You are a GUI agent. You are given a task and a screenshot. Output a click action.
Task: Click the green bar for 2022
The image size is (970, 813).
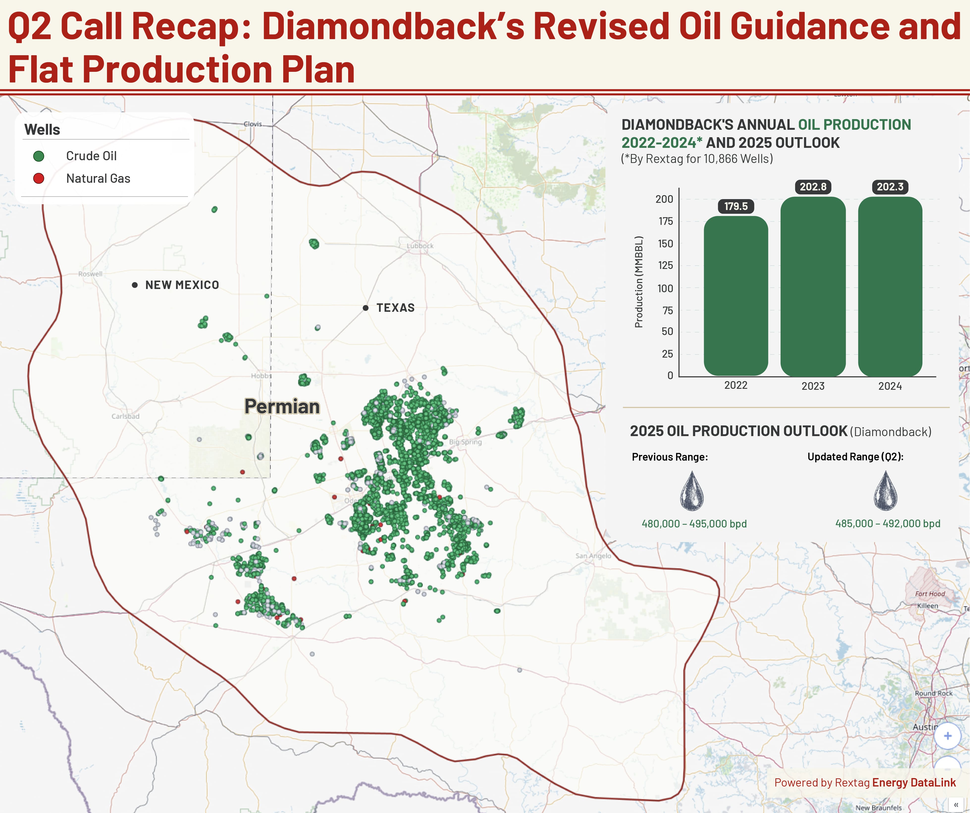coord(736,296)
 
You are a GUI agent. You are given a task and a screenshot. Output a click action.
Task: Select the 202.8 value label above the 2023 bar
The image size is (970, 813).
coord(813,187)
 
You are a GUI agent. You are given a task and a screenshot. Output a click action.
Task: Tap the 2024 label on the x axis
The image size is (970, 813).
coord(890,386)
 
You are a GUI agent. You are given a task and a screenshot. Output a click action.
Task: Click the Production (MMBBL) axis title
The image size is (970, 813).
coord(639,282)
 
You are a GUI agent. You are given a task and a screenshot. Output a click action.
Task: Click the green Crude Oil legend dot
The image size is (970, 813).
coord(39,156)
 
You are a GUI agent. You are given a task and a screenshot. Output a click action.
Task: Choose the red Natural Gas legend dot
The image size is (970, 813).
coord(39,178)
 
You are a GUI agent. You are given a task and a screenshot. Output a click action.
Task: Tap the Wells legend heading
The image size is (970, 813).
coord(42,130)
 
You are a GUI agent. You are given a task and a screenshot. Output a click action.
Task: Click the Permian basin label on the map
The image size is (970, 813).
coord(282,407)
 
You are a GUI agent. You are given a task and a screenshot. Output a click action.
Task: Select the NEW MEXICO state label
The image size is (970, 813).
coord(182,285)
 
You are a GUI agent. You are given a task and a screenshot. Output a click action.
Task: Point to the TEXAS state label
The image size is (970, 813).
coord(395,308)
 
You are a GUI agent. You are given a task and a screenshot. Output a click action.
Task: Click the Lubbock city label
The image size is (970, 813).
coord(420,246)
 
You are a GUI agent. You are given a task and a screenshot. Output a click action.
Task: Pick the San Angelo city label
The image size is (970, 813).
coord(593,556)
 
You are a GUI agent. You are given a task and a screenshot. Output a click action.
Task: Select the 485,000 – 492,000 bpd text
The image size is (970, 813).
coord(887,523)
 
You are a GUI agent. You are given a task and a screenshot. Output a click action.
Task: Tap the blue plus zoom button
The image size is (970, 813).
coord(947,736)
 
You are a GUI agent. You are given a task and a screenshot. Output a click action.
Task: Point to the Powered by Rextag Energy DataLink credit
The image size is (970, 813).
coord(865,783)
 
